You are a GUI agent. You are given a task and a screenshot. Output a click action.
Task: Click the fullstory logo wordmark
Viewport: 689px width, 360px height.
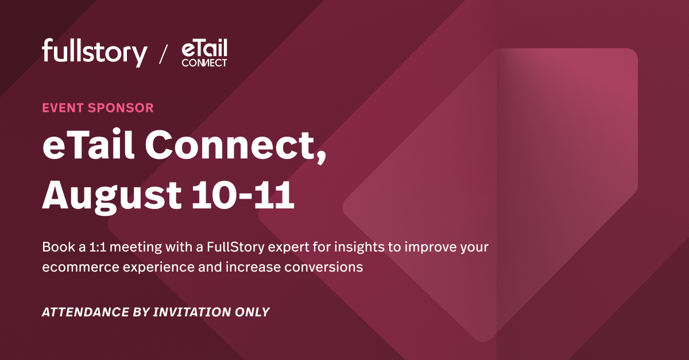tap(94, 53)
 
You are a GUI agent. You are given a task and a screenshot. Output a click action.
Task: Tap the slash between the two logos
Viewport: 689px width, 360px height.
tap(164, 55)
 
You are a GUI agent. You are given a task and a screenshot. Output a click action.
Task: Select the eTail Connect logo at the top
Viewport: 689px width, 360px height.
tap(204, 54)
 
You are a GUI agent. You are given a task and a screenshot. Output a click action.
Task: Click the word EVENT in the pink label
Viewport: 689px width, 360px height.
tap(63, 107)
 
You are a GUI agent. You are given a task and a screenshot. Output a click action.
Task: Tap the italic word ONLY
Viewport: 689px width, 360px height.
tap(251, 312)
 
